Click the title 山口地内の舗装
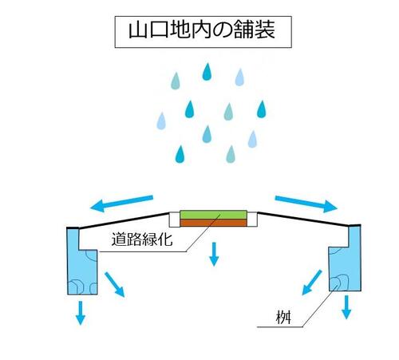pos(202,30)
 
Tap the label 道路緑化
pos(142,239)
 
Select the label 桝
pos(283,318)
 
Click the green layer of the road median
pos(213,215)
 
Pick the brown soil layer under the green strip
pos(213,223)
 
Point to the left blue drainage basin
pos(82,265)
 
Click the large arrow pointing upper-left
pos(121,204)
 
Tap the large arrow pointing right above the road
pos(306,204)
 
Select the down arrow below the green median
pos(214,254)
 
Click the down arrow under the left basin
pos(81,313)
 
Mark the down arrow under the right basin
pos(346,307)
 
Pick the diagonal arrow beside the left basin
pos(114,284)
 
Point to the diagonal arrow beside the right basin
pos(312,283)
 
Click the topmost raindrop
pos(207,72)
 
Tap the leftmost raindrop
pos(161,121)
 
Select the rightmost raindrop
pos(262,109)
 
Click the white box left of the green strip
pos(175,220)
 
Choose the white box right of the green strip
pos(252,220)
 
